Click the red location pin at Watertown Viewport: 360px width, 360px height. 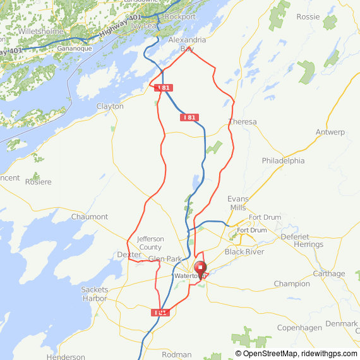tap(200, 269)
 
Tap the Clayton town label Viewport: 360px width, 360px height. tap(110, 106)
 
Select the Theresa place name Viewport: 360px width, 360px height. tap(243, 121)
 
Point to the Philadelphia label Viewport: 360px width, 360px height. tap(283, 160)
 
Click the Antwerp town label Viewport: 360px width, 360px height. tap(330, 132)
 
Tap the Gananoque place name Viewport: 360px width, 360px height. tap(75, 48)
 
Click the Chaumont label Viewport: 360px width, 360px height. tap(90, 217)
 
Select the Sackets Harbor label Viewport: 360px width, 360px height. tap(95, 294)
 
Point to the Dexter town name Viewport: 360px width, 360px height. tap(129, 254)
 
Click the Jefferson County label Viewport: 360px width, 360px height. tap(150, 243)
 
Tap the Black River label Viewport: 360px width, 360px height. tap(244, 251)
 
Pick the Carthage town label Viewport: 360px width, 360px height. tap(329, 273)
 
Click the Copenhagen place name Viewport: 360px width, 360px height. tap(299, 328)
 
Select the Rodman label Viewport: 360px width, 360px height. tap(176, 354)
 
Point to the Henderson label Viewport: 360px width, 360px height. tap(66, 357)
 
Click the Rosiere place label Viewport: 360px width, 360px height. tap(39, 181)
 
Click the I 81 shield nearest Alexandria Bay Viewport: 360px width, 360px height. tap(163, 88)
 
